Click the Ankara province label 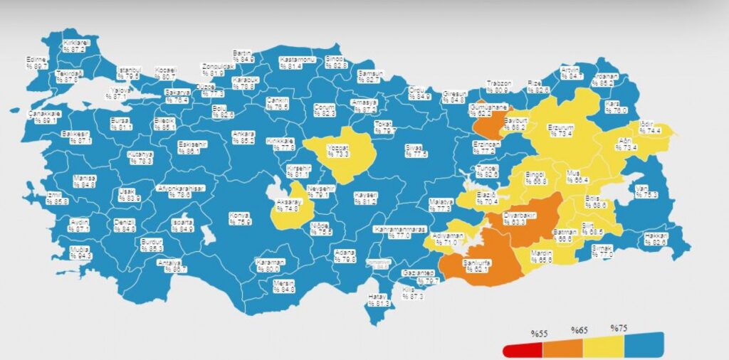(243, 137)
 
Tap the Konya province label (240, 218)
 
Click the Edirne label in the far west (36, 62)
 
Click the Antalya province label (175, 266)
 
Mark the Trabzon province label (498, 87)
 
